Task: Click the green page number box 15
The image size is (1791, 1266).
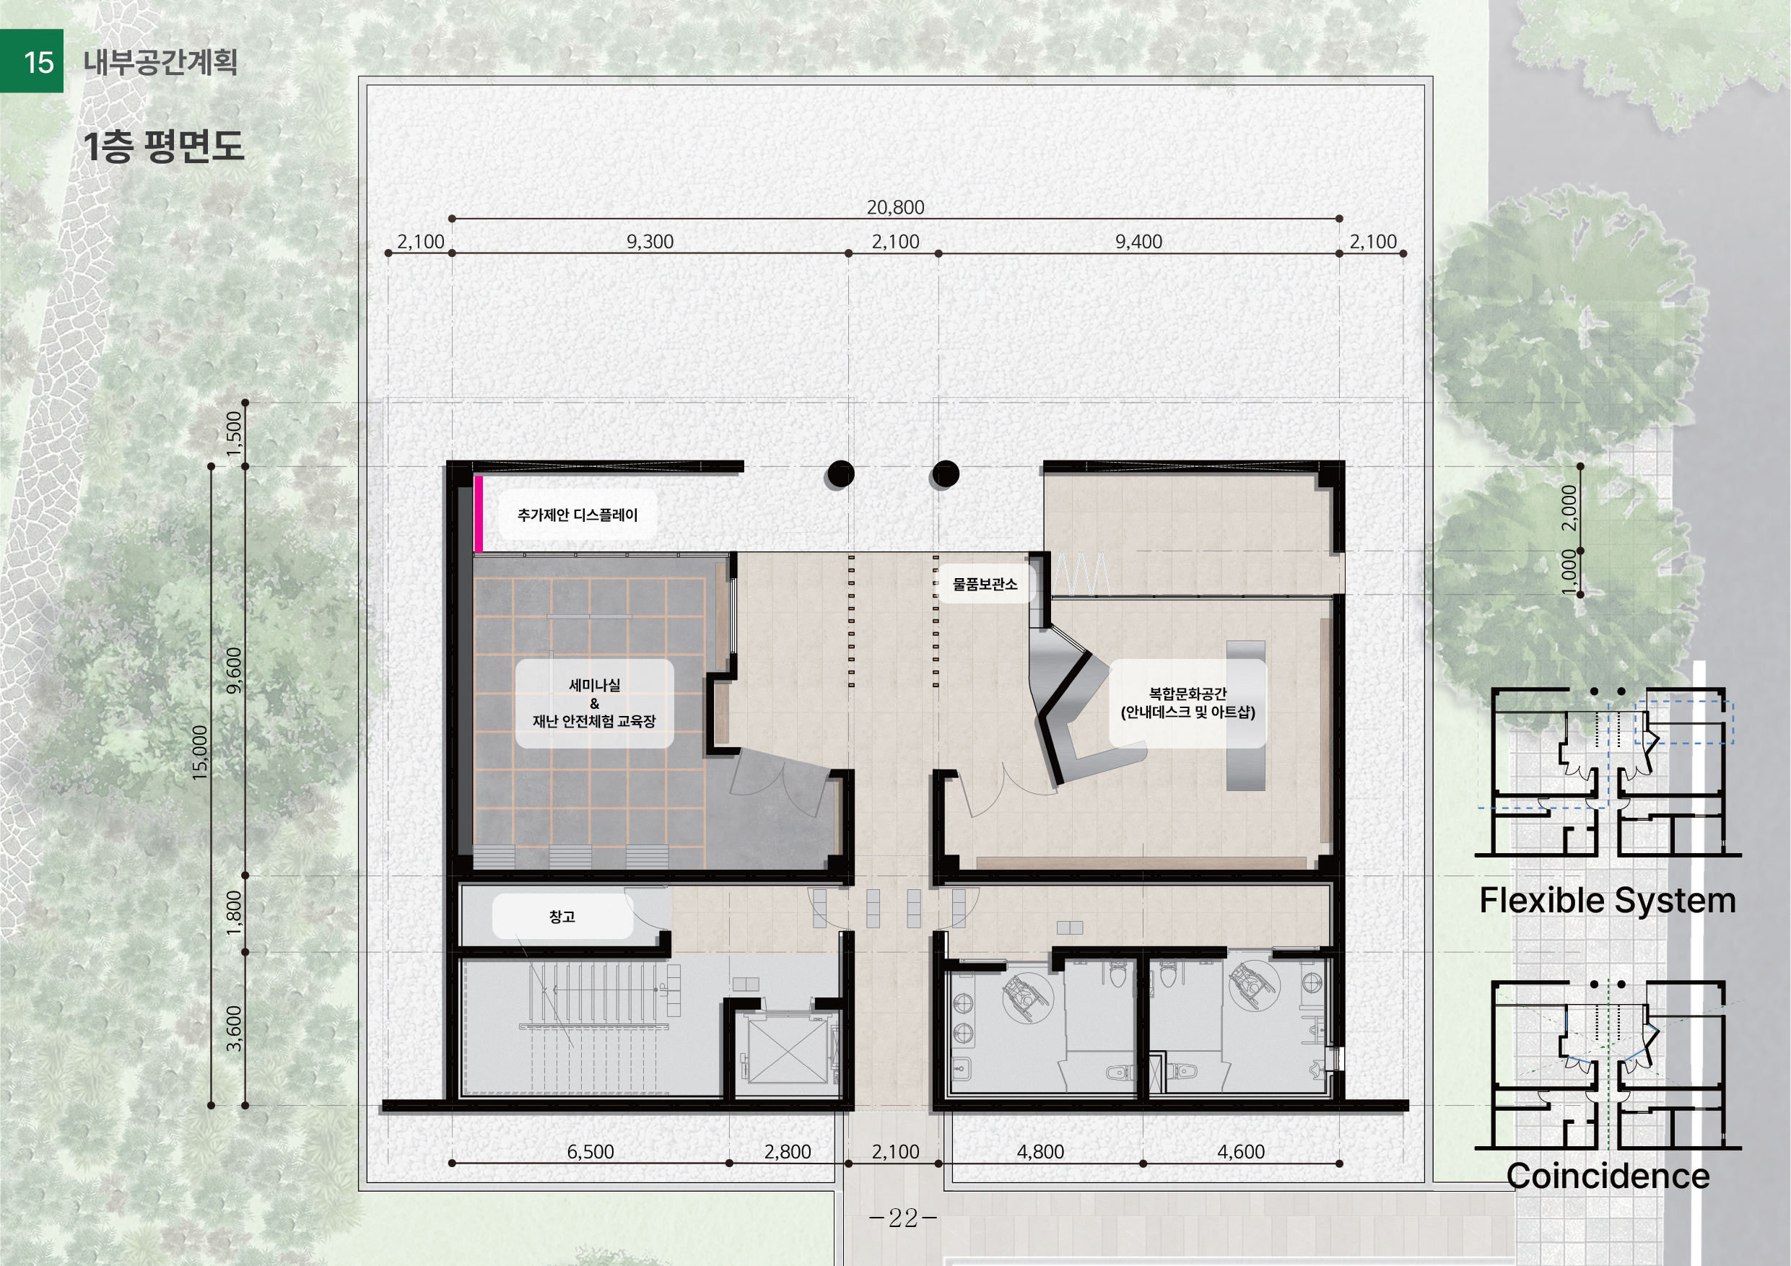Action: [32, 61]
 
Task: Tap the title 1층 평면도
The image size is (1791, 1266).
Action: [163, 147]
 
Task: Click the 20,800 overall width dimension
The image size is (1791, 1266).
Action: [895, 207]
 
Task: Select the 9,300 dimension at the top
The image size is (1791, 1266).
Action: [650, 242]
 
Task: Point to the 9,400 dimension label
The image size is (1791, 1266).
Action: [1138, 242]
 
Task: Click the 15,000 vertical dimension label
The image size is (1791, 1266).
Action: [201, 753]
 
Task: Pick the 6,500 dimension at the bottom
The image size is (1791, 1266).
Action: [591, 1151]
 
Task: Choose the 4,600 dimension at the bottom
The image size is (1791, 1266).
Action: [1241, 1151]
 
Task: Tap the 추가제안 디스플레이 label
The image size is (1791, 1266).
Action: [578, 515]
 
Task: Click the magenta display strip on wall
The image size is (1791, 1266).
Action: [478, 513]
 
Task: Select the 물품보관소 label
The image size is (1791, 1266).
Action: [985, 584]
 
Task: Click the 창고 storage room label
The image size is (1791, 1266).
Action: [562, 917]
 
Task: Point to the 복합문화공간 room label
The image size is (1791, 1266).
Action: [1188, 694]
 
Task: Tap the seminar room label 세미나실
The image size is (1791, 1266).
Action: [594, 685]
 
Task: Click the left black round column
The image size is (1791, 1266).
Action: [840, 473]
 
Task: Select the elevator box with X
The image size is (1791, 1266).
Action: [788, 1049]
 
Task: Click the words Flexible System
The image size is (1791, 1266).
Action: [1608, 901]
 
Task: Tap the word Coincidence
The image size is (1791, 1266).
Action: [1608, 1176]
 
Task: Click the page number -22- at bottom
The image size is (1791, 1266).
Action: [903, 1218]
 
